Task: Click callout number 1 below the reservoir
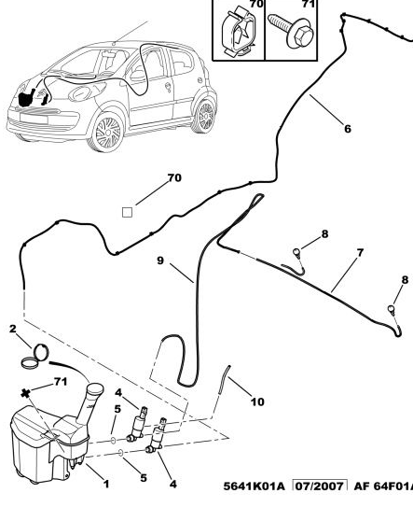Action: pos(106,484)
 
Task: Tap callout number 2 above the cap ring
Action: pos(13,329)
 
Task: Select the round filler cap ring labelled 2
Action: pos(39,354)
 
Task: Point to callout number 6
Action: pos(347,129)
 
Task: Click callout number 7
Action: pos(360,252)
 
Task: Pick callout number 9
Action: pos(160,261)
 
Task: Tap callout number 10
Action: pos(257,401)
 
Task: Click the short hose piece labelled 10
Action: pos(224,383)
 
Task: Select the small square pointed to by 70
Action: pos(128,212)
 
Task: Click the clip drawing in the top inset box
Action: pos(237,29)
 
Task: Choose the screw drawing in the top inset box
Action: pos(293,32)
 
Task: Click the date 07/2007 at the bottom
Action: pos(319,486)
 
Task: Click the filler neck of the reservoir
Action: pos(92,401)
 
